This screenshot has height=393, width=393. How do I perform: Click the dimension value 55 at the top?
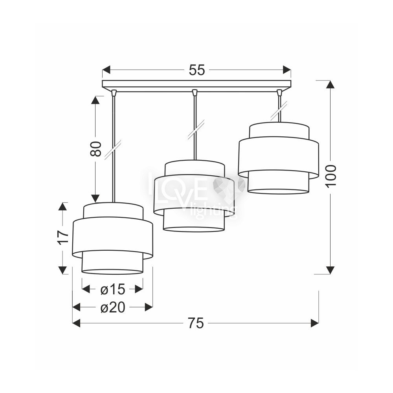pyautogui.click(x=197, y=70)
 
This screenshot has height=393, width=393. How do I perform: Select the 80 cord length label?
pyautogui.click(x=95, y=149)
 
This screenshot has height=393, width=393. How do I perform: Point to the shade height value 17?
pyautogui.click(x=62, y=237)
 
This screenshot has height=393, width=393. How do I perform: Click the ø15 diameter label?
pyautogui.click(x=112, y=290)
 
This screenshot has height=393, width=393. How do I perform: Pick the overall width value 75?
pyautogui.click(x=196, y=323)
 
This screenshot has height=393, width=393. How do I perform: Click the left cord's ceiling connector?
pyautogui.click(x=114, y=93)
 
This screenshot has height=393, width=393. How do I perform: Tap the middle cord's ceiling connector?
pyautogui.click(x=194, y=93)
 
